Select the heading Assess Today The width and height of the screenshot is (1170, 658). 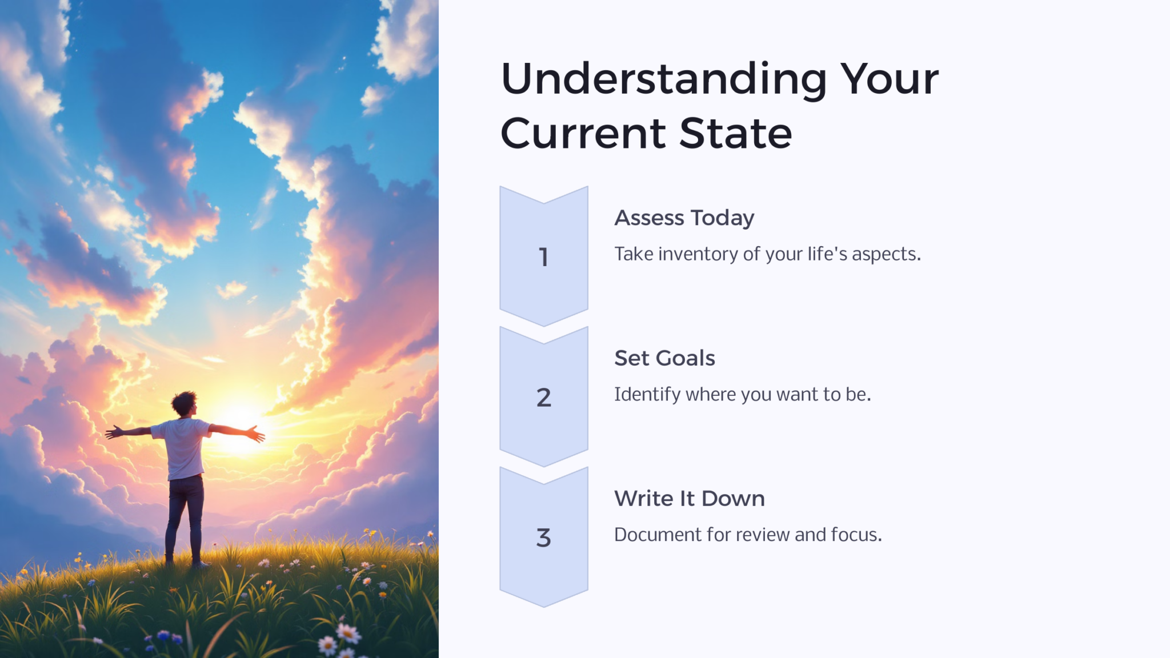pos(684,218)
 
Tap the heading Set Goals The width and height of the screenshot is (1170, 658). pos(664,358)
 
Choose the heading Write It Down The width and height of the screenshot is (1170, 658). pos(689,499)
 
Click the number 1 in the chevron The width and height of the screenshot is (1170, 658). pos(544,257)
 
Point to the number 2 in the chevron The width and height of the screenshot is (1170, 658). pos(544,398)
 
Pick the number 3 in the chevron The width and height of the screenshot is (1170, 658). pos(544,537)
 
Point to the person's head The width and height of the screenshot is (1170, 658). pos(185,403)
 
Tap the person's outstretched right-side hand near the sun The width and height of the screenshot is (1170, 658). pos(256,434)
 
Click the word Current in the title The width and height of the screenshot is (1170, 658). pos(583,134)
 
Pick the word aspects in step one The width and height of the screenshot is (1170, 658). pos(886,254)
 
